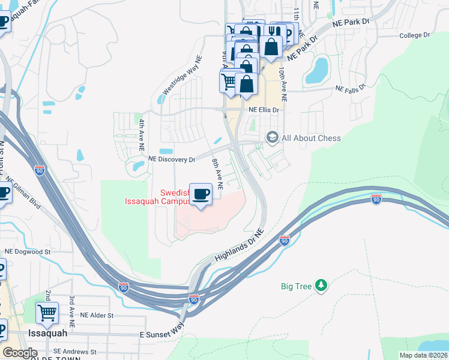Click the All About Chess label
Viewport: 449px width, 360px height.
[x=311, y=138]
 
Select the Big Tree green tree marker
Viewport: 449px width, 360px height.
[x=322, y=286]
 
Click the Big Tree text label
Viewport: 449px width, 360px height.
[x=297, y=286]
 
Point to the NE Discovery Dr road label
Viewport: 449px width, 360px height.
[x=172, y=160]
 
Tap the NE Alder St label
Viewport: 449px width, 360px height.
[x=97, y=315]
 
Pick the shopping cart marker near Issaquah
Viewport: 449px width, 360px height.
[x=47, y=313]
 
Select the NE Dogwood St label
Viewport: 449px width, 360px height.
[x=28, y=252]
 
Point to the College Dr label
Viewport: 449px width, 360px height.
[x=415, y=35]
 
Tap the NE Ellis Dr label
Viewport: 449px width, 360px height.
[x=264, y=110]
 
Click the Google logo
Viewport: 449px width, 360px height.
[x=20, y=353]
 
